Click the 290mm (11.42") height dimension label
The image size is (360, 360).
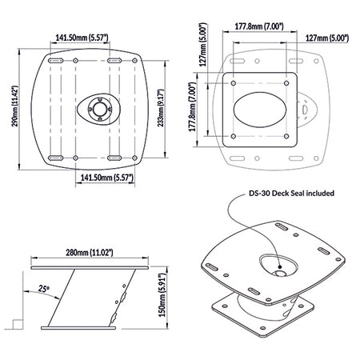(x=14, y=106)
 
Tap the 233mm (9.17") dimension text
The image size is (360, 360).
(x=160, y=108)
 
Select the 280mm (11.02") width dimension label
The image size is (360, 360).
(x=90, y=252)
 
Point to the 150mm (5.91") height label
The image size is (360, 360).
(x=162, y=295)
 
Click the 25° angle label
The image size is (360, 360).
(x=43, y=288)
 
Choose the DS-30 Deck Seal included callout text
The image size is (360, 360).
(x=291, y=193)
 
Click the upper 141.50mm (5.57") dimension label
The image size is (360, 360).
(x=82, y=38)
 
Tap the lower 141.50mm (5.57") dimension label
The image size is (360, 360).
(x=107, y=178)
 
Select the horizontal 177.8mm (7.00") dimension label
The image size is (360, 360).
(x=259, y=26)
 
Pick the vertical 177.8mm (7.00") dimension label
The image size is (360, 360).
(x=192, y=107)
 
